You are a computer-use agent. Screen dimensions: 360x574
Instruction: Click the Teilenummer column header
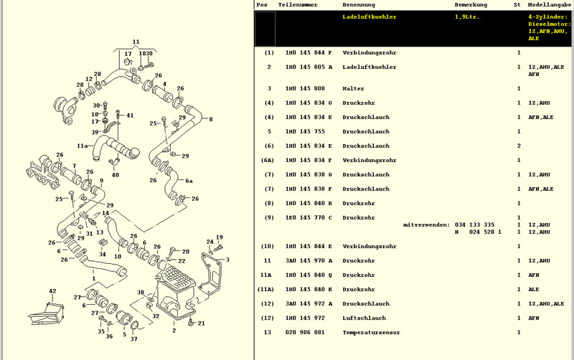point(297,5)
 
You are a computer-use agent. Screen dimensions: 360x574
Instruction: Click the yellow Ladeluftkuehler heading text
point(370,16)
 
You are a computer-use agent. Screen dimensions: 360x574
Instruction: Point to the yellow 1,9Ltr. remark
point(467,16)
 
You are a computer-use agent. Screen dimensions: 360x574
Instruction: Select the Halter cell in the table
point(353,89)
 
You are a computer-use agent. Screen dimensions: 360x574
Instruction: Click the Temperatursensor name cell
point(371,333)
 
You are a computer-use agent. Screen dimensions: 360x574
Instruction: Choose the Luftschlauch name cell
point(364,318)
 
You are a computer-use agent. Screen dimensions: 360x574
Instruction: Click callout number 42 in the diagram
point(52,291)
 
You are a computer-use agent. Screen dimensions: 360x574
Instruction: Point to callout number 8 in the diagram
point(210,119)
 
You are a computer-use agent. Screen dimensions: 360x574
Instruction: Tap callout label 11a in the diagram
point(83,146)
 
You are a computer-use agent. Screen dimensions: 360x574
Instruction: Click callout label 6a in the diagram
point(189,181)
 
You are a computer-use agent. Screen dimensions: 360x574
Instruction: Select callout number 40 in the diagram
point(115,175)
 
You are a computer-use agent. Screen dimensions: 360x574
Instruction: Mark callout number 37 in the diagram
point(133,338)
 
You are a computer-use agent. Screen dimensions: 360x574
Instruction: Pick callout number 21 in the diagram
point(201,323)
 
